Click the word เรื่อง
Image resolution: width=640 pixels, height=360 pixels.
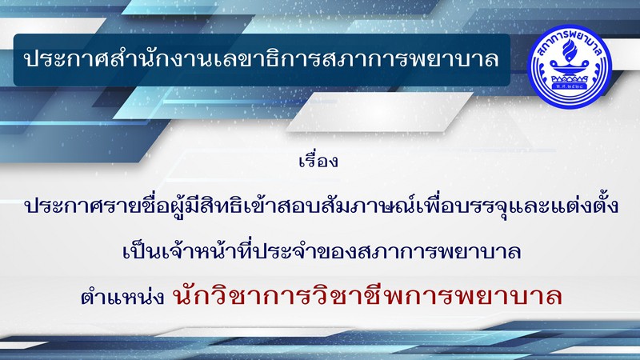pyautogui.click(x=318, y=160)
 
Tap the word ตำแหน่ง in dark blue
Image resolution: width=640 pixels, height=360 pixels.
pyautogui.click(x=122, y=296)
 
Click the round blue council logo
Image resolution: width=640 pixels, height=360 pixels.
pyautogui.click(x=570, y=66)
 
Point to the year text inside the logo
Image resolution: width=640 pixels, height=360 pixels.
pyautogui.click(x=570, y=86)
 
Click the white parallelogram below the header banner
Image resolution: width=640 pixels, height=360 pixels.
pyautogui.click(x=379, y=112)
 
